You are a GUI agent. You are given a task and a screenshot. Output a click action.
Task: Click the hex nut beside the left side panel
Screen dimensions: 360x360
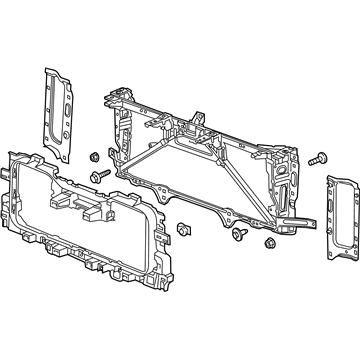click(x=93, y=157)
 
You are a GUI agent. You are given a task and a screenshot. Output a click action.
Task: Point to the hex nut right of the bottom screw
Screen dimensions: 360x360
click(x=269, y=244)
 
